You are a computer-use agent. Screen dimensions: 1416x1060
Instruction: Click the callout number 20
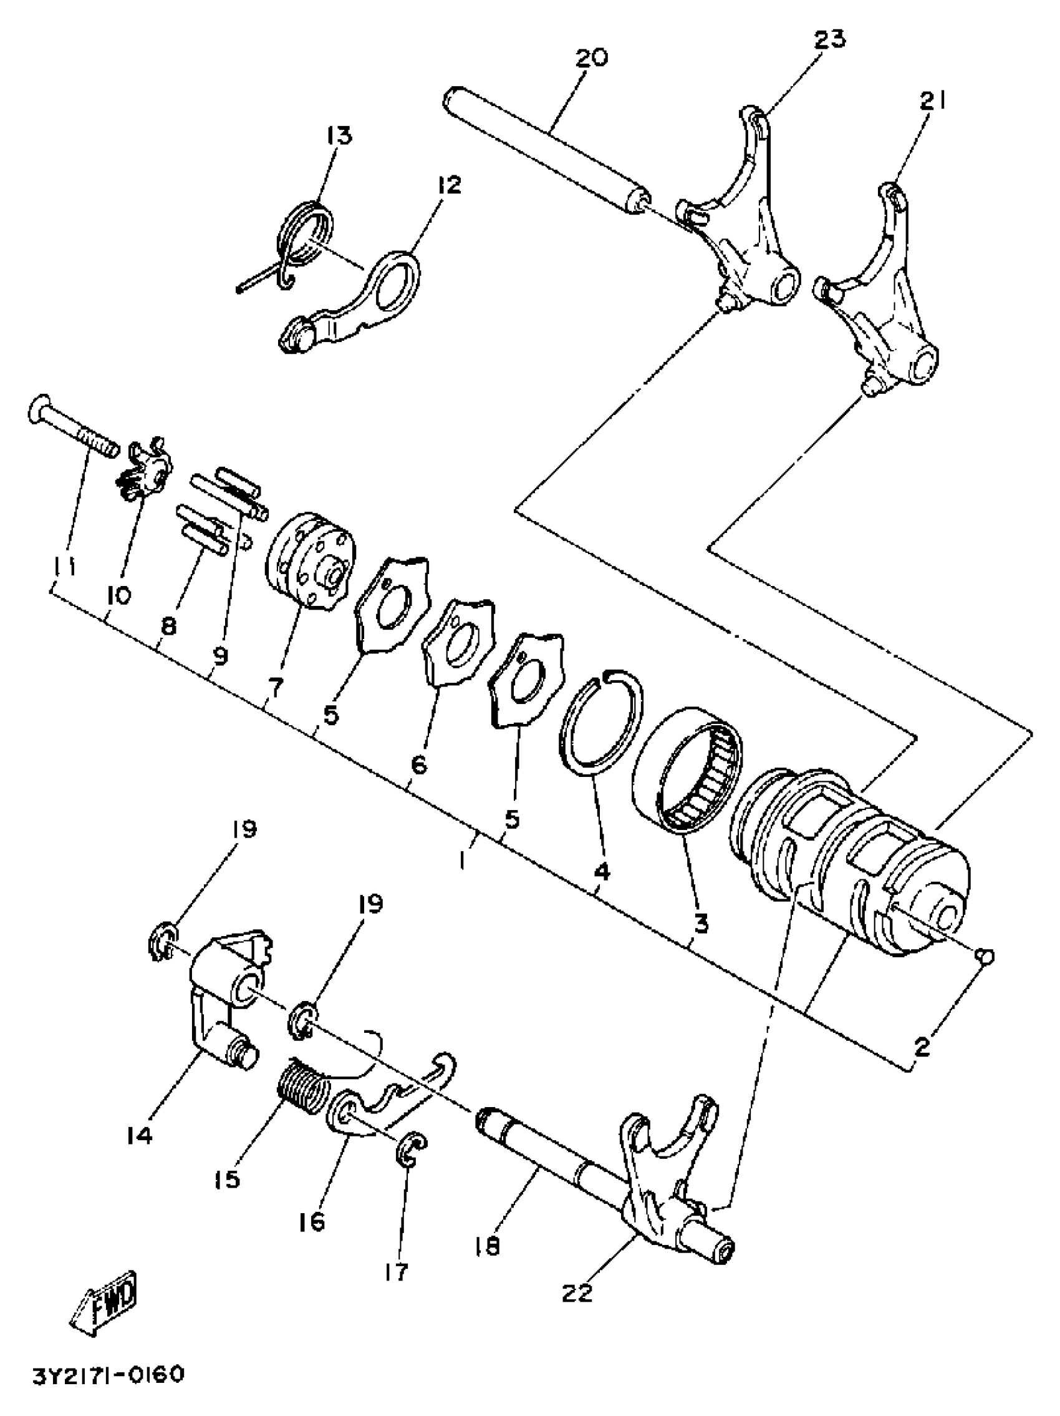(591, 58)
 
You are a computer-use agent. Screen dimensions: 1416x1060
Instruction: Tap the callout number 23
(829, 39)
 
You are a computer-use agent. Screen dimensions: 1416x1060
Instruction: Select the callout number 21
(933, 101)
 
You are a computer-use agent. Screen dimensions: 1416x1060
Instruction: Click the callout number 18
(489, 1246)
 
